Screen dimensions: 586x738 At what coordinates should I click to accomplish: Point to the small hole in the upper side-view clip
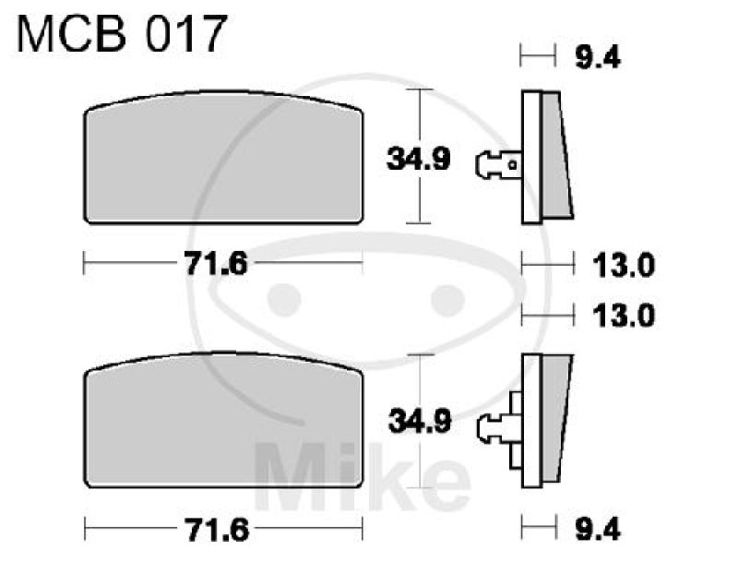click(x=513, y=166)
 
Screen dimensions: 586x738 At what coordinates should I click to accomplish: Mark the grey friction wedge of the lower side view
click(x=555, y=420)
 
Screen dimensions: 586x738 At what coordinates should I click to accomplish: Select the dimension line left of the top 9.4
click(x=539, y=58)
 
